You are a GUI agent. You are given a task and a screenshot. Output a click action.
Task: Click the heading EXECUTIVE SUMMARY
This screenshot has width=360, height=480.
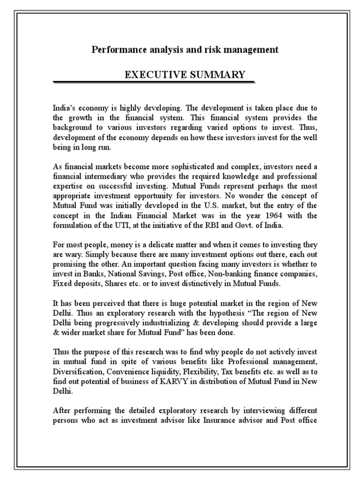coord(184,75)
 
